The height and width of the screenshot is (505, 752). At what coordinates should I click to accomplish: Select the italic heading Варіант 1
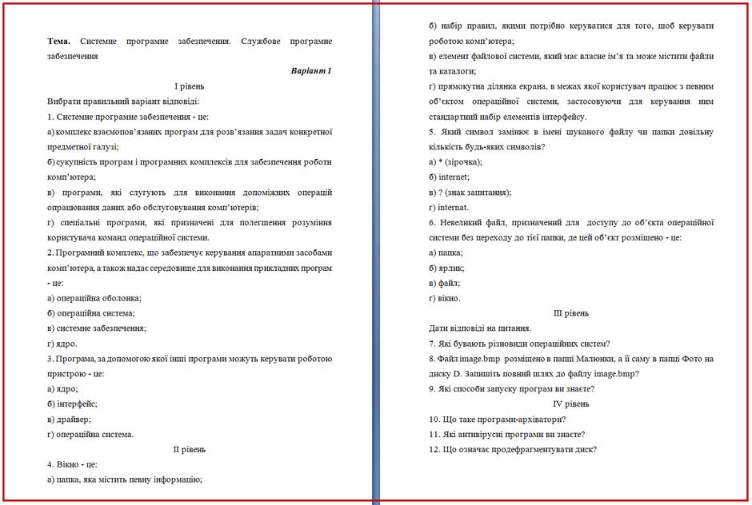(311, 71)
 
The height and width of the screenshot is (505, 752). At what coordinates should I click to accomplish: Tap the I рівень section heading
(190, 86)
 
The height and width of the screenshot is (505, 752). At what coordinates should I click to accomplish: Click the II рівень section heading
(190, 450)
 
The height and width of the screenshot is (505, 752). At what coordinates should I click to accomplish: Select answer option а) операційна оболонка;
(94, 298)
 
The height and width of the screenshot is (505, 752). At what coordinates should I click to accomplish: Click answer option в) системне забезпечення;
(97, 328)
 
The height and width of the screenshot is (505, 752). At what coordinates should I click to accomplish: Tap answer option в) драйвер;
(69, 420)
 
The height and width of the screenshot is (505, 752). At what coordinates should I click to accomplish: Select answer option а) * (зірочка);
(455, 161)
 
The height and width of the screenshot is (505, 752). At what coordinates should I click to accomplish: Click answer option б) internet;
(449, 177)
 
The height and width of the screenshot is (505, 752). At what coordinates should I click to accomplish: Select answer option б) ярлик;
(446, 268)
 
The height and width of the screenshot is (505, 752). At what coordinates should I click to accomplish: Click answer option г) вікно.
(444, 298)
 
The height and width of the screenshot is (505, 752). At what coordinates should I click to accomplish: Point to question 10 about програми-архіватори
(497, 420)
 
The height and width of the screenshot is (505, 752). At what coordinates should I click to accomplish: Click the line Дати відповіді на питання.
(480, 328)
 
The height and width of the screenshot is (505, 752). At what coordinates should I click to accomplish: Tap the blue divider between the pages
(375, 252)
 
